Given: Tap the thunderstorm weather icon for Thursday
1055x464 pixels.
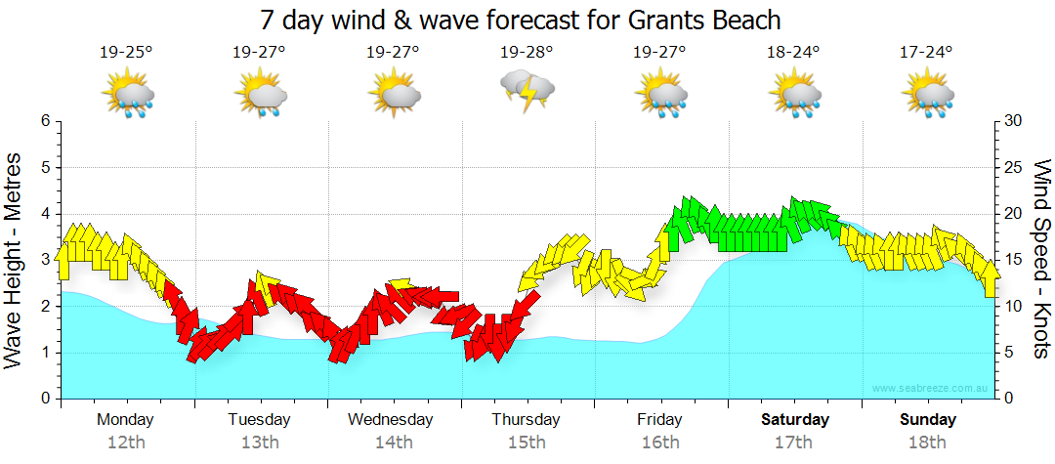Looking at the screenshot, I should (x=527, y=90).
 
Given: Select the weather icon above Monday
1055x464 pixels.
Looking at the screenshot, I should (x=127, y=95).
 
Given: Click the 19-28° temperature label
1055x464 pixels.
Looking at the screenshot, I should (x=527, y=52).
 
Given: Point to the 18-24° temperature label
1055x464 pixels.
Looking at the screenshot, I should (x=793, y=52).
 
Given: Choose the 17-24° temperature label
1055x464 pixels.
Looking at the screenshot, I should (x=926, y=52).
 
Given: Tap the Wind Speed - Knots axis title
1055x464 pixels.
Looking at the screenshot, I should (x=1040, y=259).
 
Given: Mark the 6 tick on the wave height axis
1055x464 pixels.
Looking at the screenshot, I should (x=44, y=121).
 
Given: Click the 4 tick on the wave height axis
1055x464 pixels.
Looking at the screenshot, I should (x=44, y=214).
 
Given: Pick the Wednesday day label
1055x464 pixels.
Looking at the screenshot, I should (x=391, y=420).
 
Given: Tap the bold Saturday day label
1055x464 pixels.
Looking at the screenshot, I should (x=795, y=420).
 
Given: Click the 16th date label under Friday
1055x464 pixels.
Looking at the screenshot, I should (x=660, y=443).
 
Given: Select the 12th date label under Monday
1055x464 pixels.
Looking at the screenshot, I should (x=125, y=443).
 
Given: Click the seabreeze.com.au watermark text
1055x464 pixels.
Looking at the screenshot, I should (x=931, y=389).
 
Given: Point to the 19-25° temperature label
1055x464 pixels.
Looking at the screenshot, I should (x=126, y=52).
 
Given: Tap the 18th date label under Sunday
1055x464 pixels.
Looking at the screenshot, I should (x=928, y=443).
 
